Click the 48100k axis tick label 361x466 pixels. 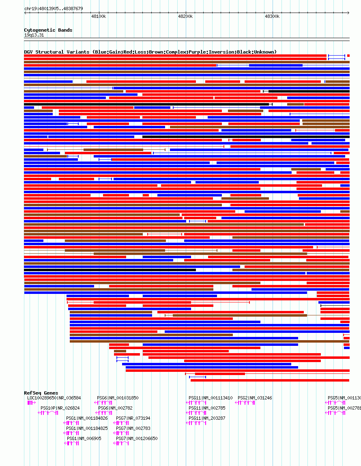[x=99, y=16]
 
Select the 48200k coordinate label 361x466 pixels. [x=185, y=16]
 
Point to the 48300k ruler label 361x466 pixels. [x=272, y=16]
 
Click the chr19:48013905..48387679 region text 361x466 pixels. [x=54, y=9]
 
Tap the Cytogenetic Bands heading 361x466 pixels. [x=48, y=30]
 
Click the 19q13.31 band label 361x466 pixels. [x=34, y=35]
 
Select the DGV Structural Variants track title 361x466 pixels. [x=150, y=52]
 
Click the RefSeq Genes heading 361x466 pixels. [x=41, y=393]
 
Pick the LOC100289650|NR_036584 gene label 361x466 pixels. [x=54, y=398]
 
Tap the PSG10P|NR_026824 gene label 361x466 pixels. [x=60, y=408]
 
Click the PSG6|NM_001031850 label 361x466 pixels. [x=118, y=398]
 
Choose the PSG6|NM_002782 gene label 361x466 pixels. [x=115, y=408]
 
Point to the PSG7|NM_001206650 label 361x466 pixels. [x=137, y=438]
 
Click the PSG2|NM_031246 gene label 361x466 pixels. [x=255, y=398]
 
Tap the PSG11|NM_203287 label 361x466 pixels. [x=207, y=418]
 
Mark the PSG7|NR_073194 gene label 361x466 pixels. [x=133, y=418]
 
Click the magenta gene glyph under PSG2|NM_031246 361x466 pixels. [x=245, y=403]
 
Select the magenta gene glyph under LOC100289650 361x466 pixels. [x=32, y=403]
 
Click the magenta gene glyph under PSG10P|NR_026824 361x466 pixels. [x=48, y=413]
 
